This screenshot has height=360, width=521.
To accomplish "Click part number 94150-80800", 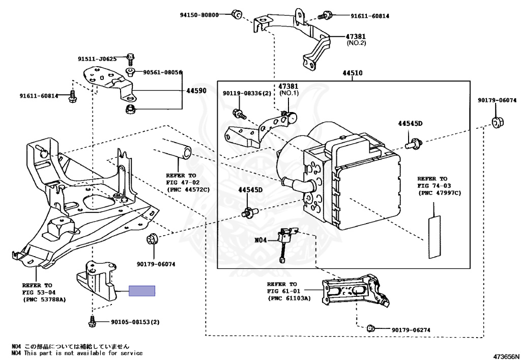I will click(x=199, y=15).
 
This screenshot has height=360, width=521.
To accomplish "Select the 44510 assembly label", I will click(x=352, y=73).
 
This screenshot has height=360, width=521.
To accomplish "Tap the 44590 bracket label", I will click(x=196, y=91).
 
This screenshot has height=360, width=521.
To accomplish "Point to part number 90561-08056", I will click(x=162, y=72).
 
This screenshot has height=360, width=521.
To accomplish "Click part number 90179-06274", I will click(x=411, y=330).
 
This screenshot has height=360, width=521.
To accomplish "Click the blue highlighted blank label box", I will click(x=142, y=291).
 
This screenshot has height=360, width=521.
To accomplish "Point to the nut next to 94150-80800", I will click(x=236, y=14).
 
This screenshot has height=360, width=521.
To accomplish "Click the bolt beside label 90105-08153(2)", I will click(x=93, y=322).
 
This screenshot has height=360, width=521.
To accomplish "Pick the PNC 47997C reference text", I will click(x=439, y=193).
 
